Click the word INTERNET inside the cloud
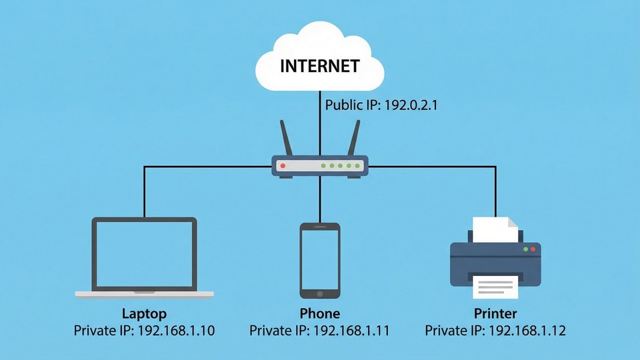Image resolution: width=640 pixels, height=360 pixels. pos(320,66)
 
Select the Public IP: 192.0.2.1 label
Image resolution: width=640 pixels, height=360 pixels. pos(381,105)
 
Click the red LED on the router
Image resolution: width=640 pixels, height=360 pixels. pos(283,165)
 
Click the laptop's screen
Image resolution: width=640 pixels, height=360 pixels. pos(144,255)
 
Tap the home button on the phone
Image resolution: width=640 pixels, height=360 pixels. pos(320,293)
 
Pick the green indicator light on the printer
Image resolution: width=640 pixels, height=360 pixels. pos(525,249)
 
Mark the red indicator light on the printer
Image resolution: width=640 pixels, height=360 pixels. pos(533,249)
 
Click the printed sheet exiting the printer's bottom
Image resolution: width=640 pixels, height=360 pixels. pos(495,287)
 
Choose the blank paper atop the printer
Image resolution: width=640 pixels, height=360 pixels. pos(495,229)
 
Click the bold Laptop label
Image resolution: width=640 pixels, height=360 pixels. pos(144,313)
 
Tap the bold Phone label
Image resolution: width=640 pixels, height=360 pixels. pos(320,313)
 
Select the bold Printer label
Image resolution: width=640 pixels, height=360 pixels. pos(495,313)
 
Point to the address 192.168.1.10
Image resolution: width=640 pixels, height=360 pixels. pos(176,331)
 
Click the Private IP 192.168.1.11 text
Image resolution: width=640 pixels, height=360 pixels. pos(320,331)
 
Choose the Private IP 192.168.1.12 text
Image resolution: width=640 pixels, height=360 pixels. pos(495,331)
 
